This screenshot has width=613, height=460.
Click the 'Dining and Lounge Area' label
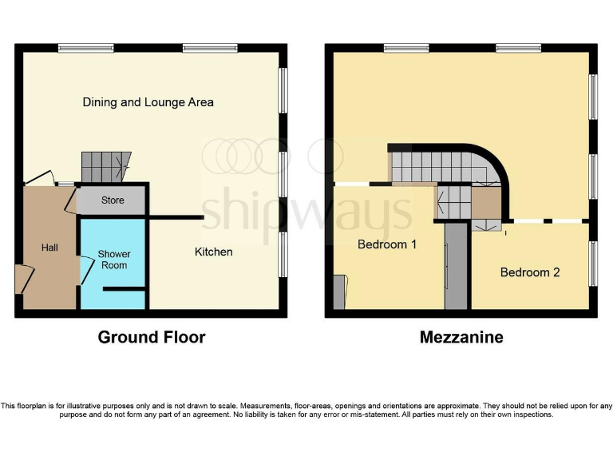[x=148, y=102]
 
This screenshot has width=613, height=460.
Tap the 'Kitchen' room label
[x=214, y=252]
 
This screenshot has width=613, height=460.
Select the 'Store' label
[x=113, y=200]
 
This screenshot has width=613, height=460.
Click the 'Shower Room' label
[x=114, y=260]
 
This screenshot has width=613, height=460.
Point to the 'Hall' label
[x=49, y=248]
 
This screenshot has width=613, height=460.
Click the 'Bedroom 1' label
[x=387, y=244]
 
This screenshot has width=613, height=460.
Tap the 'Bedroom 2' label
[x=530, y=272]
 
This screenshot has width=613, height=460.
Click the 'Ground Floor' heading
[x=152, y=337]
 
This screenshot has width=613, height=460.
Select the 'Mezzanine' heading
[x=461, y=337]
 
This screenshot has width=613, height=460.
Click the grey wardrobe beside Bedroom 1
[x=456, y=266]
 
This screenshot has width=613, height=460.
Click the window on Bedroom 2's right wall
[x=593, y=262]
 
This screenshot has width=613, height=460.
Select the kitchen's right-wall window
[x=283, y=254]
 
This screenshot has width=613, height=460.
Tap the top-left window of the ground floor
[x=85, y=48]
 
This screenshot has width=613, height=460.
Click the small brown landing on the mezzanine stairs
[x=484, y=204]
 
